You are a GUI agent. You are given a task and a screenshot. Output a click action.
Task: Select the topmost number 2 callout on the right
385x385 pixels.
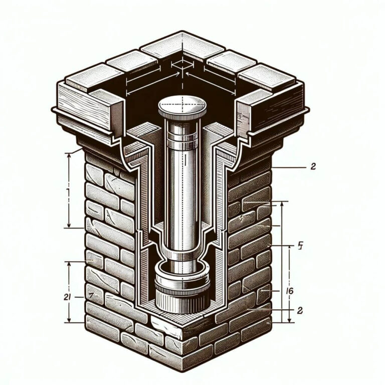click(313, 167)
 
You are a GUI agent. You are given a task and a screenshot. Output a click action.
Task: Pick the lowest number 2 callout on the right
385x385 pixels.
click(300, 310)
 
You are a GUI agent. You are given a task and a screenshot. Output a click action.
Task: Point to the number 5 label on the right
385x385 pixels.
click(300, 246)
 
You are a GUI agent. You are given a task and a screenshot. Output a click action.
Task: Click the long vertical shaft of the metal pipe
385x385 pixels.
click(181, 190)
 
